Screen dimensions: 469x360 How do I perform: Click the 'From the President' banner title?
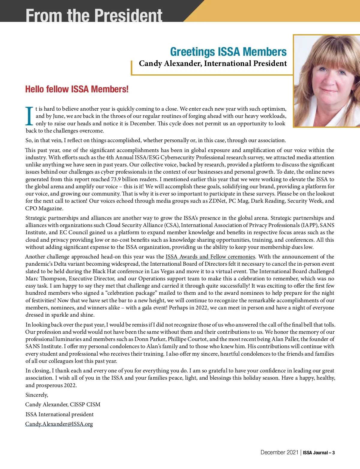pyautogui.click(x=94, y=15)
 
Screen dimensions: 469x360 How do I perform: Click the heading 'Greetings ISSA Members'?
pyautogui.click(x=228, y=52)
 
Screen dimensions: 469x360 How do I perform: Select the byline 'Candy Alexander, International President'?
pyautogui.click(x=213, y=64)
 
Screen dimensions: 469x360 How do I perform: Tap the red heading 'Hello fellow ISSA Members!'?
pyautogui.click(x=77, y=89)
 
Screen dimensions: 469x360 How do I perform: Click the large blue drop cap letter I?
pyautogui.click(x=29, y=116)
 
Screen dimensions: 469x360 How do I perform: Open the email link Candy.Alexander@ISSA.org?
pyautogui.click(x=59, y=424)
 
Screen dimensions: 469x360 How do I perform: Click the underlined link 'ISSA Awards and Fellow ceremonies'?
pyautogui.click(x=210, y=257)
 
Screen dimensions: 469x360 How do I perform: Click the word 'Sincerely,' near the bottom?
pyautogui.click(x=37, y=395)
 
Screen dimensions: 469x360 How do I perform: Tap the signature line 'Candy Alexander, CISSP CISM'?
pyautogui.click(x=63, y=405)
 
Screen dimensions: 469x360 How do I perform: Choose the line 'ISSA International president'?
pyautogui.click(x=59, y=414)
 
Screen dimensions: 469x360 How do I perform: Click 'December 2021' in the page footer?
pyautogui.click(x=279, y=453)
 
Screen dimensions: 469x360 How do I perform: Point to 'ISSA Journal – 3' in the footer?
pyautogui.click(x=319, y=453)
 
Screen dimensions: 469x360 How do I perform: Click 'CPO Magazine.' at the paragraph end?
pyautogui.click(x=44, y=208)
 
